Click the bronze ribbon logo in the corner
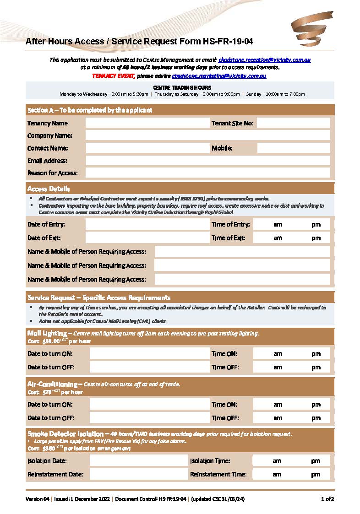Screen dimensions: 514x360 312,29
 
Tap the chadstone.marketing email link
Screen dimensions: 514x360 219,76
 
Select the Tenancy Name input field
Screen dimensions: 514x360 147,123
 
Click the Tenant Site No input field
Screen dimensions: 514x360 293,123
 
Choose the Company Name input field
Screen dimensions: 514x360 207,135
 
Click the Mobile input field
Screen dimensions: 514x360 293,148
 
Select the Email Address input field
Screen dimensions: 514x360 207,161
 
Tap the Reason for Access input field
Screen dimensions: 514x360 207,173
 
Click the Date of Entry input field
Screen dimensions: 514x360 147,224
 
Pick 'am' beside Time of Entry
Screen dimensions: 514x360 278,225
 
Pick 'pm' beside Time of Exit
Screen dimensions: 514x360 316,238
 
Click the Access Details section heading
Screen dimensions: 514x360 49,189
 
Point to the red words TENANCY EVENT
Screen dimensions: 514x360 113,76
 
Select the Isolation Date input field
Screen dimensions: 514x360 138,461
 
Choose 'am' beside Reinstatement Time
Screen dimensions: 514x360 277,475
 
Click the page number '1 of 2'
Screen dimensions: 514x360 327,499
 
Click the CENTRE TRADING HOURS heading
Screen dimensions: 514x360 182,87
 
